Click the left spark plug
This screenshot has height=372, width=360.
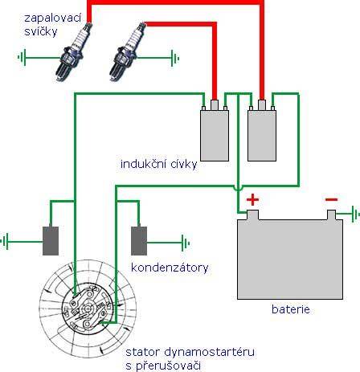point(73,52)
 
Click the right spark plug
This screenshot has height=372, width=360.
point(128,51)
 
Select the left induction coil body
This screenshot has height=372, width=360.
point(215,136)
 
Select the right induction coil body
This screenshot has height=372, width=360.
point(262,136)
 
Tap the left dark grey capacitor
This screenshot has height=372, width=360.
point(51,241)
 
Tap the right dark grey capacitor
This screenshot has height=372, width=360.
point(139,241)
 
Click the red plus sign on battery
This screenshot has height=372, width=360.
point(252,199)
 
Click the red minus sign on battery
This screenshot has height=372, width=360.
point(331,199)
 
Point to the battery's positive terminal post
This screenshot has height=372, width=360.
point(252,215)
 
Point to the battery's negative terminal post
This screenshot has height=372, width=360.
point(332,215)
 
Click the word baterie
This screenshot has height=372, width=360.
point(291,309)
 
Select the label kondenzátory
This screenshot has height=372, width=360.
point(170,268)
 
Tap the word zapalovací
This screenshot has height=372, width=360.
point(52,18)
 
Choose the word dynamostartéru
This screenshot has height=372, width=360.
point(209,352)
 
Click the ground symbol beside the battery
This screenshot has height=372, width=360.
point(355,214)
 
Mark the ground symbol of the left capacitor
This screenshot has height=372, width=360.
point(5,241)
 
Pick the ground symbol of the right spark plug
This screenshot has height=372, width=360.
point(175,58)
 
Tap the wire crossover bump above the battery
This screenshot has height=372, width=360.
point(238,187)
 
